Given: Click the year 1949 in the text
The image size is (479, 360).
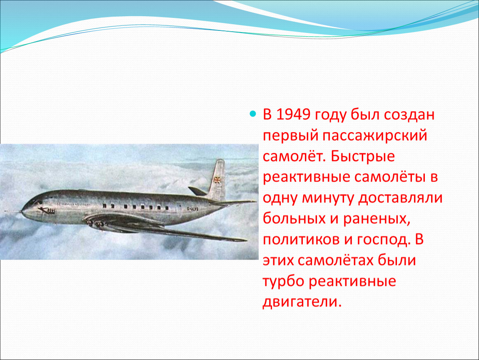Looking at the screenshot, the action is coord(293,115).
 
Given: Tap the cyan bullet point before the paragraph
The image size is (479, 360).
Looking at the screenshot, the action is coord(252,114).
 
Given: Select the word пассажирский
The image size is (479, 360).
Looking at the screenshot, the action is coord(374,136).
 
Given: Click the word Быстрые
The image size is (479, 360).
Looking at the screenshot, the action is coord(362,157).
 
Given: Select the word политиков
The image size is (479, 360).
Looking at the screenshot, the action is coord(301,240).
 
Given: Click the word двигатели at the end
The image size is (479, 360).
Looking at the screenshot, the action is coord(302,302).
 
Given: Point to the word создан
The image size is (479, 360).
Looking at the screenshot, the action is coord(409,115).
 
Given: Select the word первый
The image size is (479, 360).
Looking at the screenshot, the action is coord(290,136).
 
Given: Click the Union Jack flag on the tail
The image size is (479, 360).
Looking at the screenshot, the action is coord(217,180).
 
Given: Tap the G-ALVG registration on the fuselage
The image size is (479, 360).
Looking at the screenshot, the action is coord(192,209).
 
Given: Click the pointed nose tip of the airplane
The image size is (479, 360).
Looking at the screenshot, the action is coord(21,211).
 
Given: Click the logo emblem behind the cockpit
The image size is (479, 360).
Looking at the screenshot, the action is coord(46,210).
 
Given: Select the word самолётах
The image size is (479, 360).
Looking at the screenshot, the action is coord(335,260).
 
